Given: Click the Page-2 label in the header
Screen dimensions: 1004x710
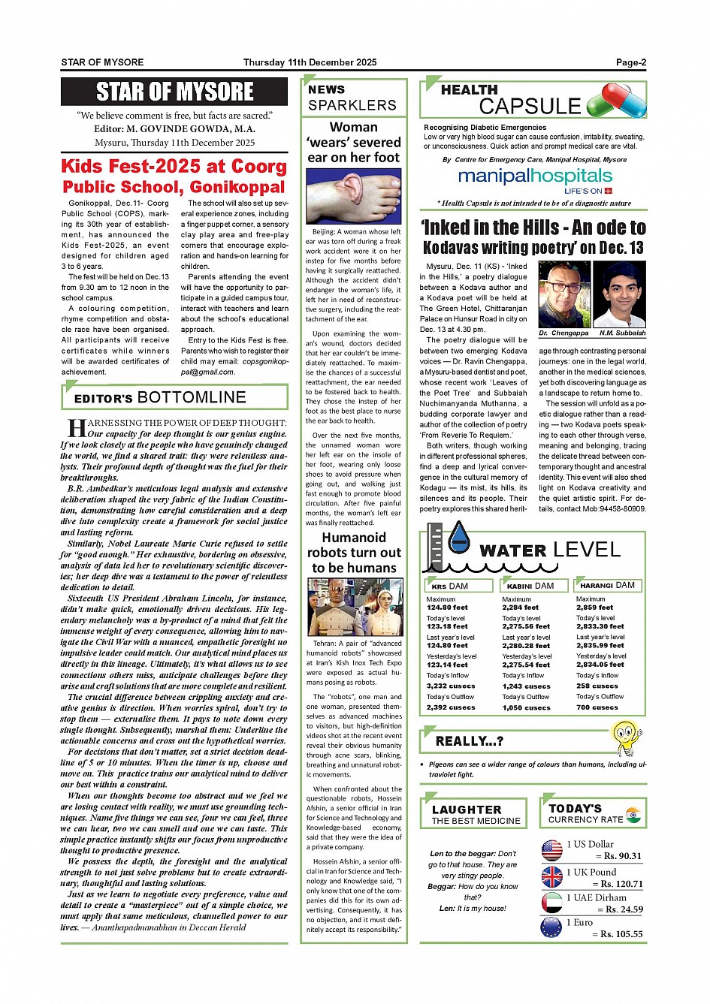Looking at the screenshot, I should [631, 62].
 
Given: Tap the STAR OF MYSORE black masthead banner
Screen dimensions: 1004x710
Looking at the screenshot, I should [174, 92].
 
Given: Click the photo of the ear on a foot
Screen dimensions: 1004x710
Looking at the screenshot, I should [354, 196].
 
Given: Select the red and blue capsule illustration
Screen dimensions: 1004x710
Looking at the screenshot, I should [617, 101].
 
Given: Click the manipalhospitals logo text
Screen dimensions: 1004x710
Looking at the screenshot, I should [535, 176].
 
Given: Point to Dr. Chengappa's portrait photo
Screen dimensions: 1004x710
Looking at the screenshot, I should [564, 294].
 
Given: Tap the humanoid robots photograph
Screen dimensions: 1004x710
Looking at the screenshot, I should [354, 608].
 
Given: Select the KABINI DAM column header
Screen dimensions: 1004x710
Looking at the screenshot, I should [530, 586].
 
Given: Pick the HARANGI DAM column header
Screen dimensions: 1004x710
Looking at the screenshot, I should [607, 585].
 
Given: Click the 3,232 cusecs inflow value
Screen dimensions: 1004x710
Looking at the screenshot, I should [451, 686].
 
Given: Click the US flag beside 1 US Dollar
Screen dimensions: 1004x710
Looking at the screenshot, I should [551, 850].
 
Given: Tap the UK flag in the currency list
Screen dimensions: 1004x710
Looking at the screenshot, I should [551, 876].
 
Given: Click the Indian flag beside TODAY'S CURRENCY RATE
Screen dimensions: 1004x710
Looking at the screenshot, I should [633, 813].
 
